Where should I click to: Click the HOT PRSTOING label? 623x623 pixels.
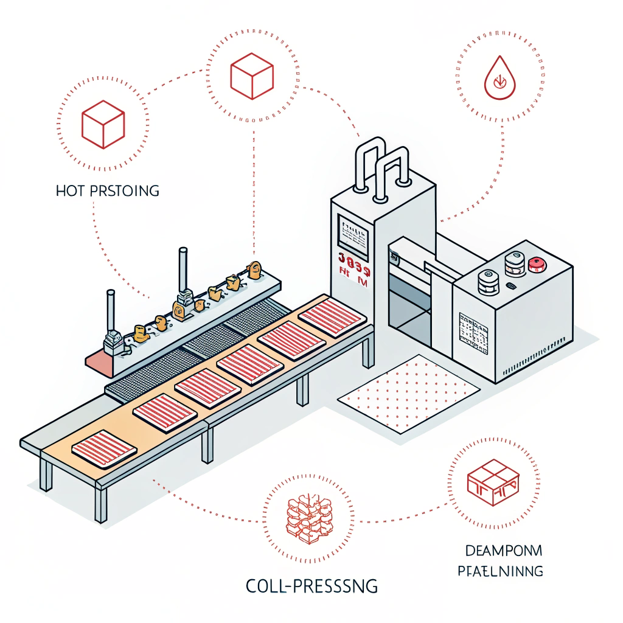coord(107,190)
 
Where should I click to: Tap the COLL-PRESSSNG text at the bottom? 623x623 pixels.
coord(311,586)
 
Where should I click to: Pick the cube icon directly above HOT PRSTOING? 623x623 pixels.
coord(103,124)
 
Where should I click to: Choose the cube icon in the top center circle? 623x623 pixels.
coord(252,76)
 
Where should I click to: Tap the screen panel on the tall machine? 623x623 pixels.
coord(353,234)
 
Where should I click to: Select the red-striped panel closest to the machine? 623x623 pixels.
coord(332,316)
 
